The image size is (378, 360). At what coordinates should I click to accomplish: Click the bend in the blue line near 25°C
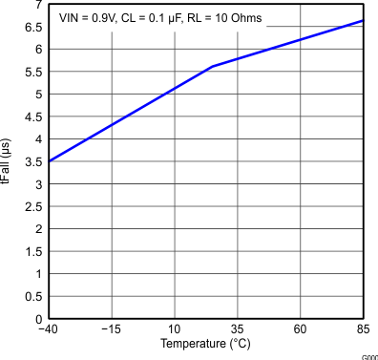(x=212, y=67)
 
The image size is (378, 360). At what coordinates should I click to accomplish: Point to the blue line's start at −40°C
(x=49, y=161)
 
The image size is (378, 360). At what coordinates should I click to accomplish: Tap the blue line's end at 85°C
(x=363, y=21)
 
